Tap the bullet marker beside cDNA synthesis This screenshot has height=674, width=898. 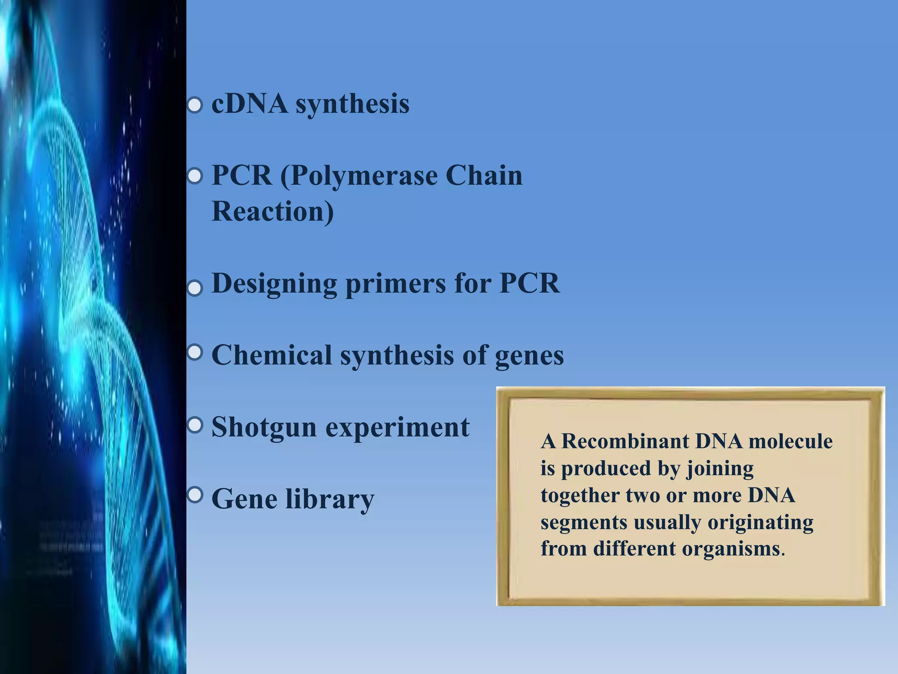pyautogui.click(x=195, y=106)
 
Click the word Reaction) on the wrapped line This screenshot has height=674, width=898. pyautogui.click(x=272, y=212)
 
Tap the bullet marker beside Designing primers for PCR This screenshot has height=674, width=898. pyautogui.click(x=195, y=289)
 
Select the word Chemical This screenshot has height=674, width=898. pyautogui.click(x=271, y=355)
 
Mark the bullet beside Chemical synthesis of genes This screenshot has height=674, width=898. pyautogui.click(x=195, y=352)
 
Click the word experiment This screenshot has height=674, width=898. pyautogui.click(x=397, y=427)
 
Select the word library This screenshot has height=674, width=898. pyautogui.click(x=330, y=499)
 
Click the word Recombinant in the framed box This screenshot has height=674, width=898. pyautogui.click(x=625, y=441)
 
